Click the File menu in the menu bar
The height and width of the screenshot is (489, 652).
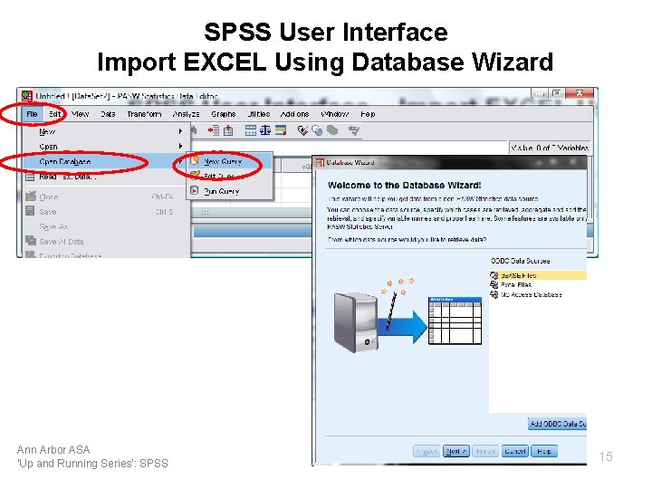coord(32,114)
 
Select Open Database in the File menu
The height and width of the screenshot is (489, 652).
coord(65,161)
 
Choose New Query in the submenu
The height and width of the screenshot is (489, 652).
coord(222,161)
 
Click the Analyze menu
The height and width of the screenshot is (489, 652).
coord(186,114)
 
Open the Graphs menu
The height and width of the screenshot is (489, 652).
coord(223,114)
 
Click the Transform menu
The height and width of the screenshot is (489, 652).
coord(143,114)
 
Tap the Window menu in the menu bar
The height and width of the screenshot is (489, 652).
coord(334,114)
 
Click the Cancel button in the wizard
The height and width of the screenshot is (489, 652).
coord(515,451)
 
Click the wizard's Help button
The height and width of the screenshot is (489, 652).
coord(544,451)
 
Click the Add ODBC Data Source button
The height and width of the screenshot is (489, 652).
coord(557,424)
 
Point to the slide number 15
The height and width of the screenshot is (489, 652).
coord(606,456)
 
